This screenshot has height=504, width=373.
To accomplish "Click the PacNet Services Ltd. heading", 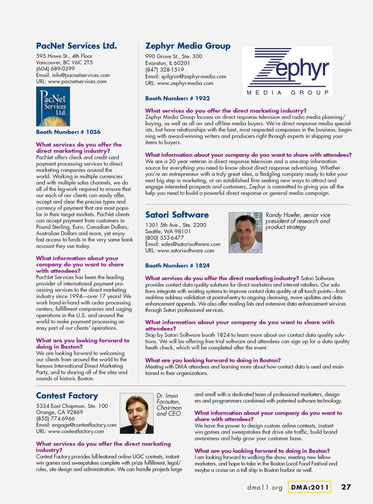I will pyautogui.click(x=77, y=46).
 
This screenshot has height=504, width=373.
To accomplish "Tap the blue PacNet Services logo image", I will pyautogui.click(x=53, y=106).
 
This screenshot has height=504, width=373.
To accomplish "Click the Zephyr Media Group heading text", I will pyautogui.click(x=188, y=46).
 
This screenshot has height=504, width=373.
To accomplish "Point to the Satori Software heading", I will pyautogui.click(x=177, y=215).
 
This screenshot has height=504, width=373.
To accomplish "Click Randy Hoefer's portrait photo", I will pyautogui.click(x=245, y=233).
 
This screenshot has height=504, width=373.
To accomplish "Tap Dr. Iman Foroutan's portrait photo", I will pyautogui.click(x=137, y=413).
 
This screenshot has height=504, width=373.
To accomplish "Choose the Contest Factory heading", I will pyautogui.click(x=67, y=396).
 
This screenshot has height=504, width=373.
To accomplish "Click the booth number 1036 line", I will pyautogui.click(x=68, y=132).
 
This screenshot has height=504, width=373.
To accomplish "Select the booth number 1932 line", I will pyautogui.click(x=178, y=99).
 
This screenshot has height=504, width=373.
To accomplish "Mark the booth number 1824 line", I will pyautogui.click(x=178, y=266).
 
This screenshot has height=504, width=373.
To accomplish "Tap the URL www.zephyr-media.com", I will pyautogui.click(x=185, y=83).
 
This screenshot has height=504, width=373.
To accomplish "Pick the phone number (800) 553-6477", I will pyautogui.click(x=164, y=238).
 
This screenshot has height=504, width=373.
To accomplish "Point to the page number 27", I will pyautogui.click(x=346, y=487).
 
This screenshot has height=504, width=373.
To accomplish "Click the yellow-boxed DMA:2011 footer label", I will pyautogui.click(x=310, y=487).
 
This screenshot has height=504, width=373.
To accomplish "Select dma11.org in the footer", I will pyautogui.click(x=265, y=487).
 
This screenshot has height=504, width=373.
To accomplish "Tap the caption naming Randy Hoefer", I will pyautogui.click(x=298, y=221).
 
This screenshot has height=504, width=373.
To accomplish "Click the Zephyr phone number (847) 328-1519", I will pyautogui.click(x=164, y=70).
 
